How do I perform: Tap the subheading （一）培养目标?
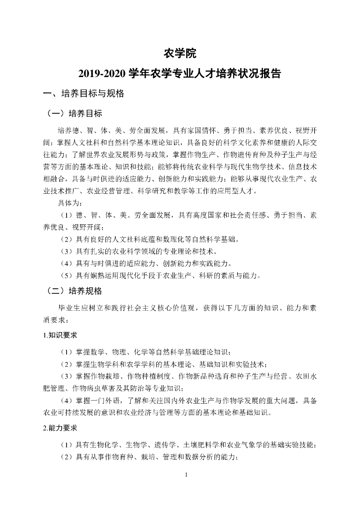(74, 113)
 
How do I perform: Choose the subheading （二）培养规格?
(74, 291)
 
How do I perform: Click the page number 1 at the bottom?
(185, 475)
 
